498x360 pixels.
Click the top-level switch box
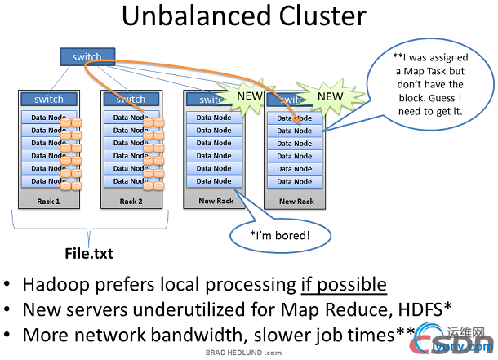coord(87,57)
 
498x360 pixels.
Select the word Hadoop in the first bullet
coord(60,284)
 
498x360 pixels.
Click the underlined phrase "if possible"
coord(343,284)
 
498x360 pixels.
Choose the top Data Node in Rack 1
coord(47,118)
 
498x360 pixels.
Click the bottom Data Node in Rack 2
coord(131,180)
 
